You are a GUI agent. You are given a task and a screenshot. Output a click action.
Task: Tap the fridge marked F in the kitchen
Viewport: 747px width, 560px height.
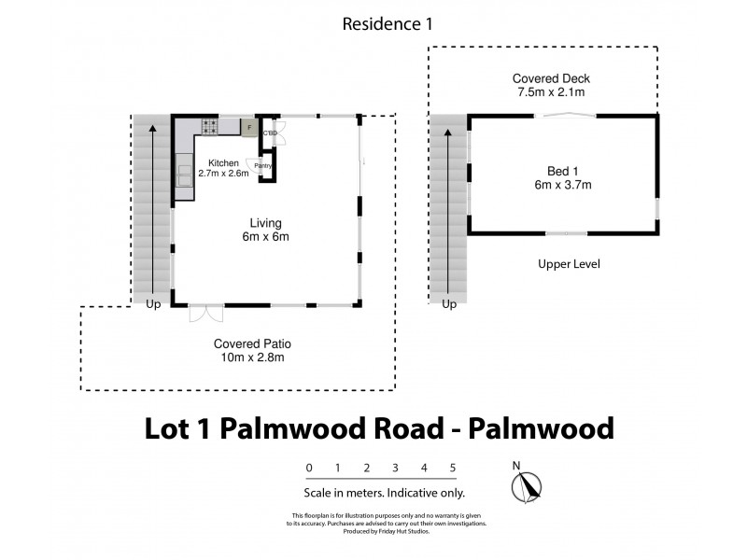pos(249,127)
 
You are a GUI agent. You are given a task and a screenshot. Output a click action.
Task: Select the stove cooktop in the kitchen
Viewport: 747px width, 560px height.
pos(209,127)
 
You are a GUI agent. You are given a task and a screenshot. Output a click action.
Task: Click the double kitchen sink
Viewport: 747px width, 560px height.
pos(182,177)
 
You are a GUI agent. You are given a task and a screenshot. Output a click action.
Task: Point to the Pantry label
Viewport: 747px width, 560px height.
pos(263,166)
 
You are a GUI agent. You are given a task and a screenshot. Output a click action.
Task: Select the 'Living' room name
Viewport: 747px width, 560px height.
pos(265,223)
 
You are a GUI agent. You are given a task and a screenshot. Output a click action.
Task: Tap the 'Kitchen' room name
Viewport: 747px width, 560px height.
pos(223,162)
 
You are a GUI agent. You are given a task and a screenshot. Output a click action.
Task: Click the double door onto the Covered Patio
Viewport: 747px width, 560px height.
pos(204,313)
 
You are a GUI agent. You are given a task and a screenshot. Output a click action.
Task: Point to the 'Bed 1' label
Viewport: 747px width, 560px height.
pos(563,171)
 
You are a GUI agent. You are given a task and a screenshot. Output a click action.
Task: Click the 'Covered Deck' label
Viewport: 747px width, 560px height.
pos(550,78)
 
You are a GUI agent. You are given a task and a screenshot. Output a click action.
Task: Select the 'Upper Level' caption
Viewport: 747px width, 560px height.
pos(568,264)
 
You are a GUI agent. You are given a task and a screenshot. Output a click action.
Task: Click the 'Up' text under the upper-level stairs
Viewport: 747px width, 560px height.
pos(448,304)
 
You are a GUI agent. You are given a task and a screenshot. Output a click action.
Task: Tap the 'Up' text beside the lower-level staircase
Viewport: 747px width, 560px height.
pos(153,304)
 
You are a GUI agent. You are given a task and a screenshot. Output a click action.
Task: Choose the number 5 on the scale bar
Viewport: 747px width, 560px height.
pos(453,468)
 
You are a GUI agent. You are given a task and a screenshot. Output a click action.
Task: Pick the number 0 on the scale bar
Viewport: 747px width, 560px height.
pos(308,468)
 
